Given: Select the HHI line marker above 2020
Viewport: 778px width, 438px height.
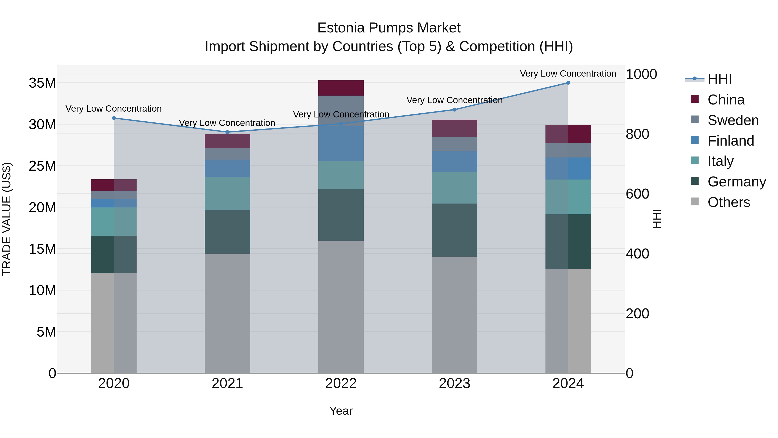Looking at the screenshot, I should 114,118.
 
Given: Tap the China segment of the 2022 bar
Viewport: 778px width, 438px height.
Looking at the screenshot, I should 341,88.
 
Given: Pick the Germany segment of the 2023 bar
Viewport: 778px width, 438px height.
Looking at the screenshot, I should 454,230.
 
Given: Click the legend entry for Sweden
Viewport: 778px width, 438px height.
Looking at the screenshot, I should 733,120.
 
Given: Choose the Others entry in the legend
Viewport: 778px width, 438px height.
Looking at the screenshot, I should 729,202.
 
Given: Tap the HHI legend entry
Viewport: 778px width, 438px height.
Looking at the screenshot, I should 719,79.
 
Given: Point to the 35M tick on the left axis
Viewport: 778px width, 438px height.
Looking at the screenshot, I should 42,83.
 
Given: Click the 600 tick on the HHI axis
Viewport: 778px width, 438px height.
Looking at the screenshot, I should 637,194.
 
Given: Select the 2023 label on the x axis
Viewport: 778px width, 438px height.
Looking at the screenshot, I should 454,383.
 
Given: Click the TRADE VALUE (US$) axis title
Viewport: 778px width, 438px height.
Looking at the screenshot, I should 7,219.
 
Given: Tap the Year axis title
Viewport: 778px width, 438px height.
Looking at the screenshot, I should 341,411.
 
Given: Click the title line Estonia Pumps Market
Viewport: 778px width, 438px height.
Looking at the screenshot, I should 389,28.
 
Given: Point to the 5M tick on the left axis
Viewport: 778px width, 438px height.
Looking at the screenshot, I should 46,332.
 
